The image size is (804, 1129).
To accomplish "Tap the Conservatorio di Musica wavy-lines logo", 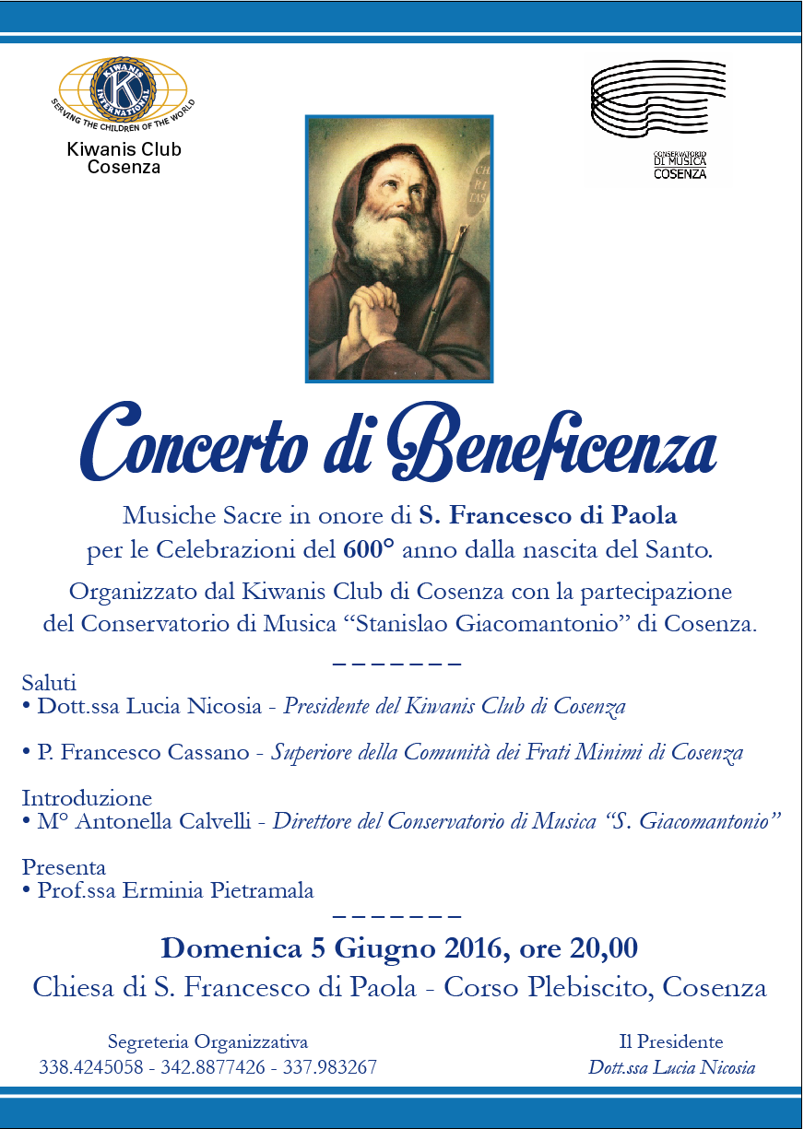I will pyautogui.click(x=657, y=101).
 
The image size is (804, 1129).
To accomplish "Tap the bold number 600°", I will pyautogui.click(x=368, y=551).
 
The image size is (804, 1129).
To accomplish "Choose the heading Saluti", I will pyautogui.click(x=49, y=683).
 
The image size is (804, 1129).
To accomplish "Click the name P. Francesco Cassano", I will pyautogui.click(x=143, y=752).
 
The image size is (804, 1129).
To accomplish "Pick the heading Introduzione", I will pyautogui.click(x=87, y=797).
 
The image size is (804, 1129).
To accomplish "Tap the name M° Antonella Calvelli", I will pyautogui.click(x=144, y=820).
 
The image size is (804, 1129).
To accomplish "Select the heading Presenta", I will pyautogui.click(x=64, y=867).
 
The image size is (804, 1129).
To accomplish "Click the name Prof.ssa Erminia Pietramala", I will pyautogui.click(x=175, y=890).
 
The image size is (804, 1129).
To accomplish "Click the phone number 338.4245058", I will pyautogui.click(x=90, y=1068).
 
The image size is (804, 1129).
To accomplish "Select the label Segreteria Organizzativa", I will pyautogui.click(x=207, y=1042).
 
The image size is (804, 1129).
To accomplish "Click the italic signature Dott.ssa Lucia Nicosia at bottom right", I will pyautogui.click(x=671, y=1068).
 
